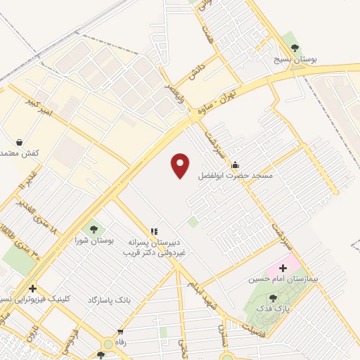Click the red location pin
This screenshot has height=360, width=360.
(181, 166)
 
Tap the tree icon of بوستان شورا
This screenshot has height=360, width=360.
(93, 229)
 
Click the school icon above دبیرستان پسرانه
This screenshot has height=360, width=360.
(154, 231)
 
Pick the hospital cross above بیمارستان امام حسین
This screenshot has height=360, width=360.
(283, 268)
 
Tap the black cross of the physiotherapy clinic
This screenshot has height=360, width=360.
(32, 288)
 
